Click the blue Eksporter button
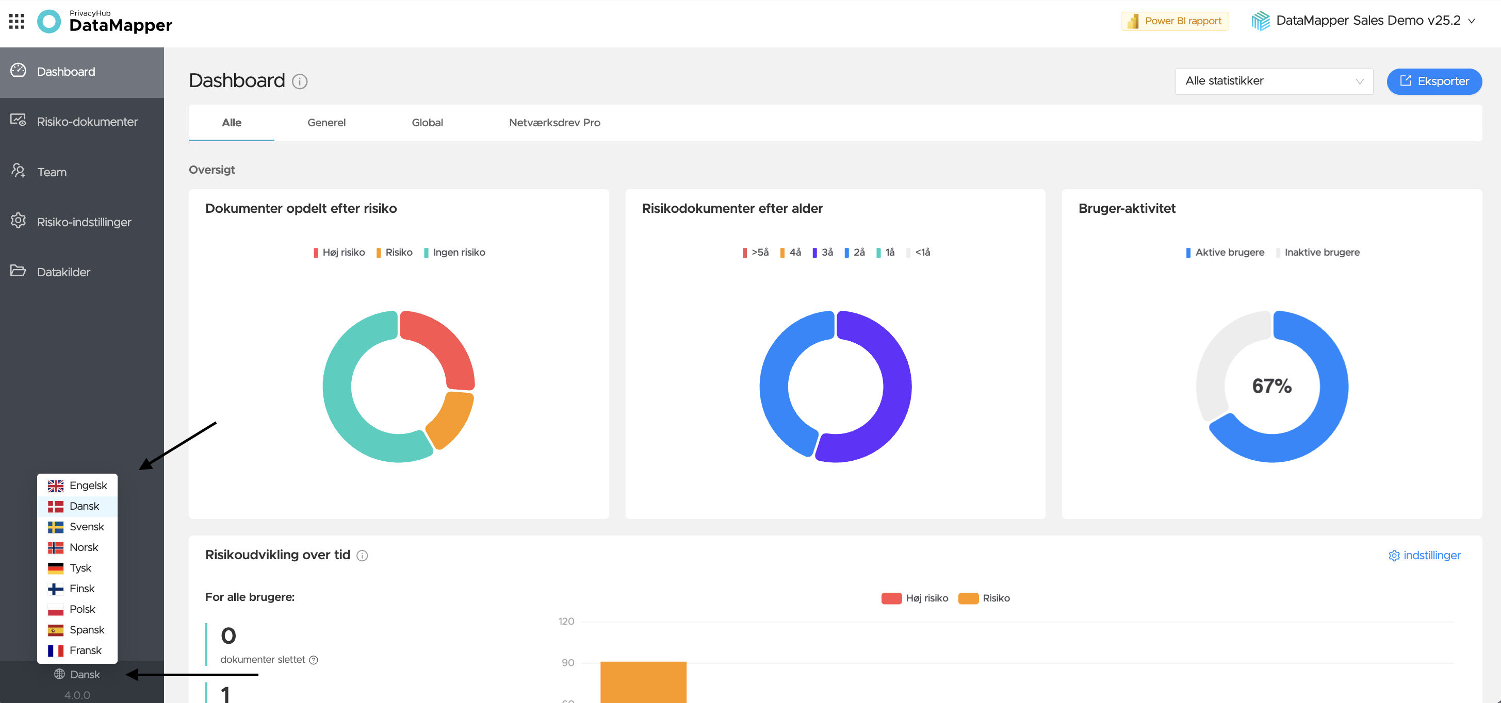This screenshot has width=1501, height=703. click(x=1434, y=81)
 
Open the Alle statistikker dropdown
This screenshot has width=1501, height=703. click(x=1274, y=81)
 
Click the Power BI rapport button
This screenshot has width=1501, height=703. click(x=1174, y=21)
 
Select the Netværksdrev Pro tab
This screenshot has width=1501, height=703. click(x=554, y=122)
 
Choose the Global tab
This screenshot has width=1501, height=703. click(x=427, y=122)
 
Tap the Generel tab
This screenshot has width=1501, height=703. click(x=327, y=122)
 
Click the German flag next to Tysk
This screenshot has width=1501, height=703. click(x=55, y=568)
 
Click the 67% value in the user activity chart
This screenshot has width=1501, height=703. click(x=1272, y=386)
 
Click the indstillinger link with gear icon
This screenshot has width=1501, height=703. click(x=1425, y=555)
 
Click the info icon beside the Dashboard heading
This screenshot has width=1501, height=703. click(x=300, y=81)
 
